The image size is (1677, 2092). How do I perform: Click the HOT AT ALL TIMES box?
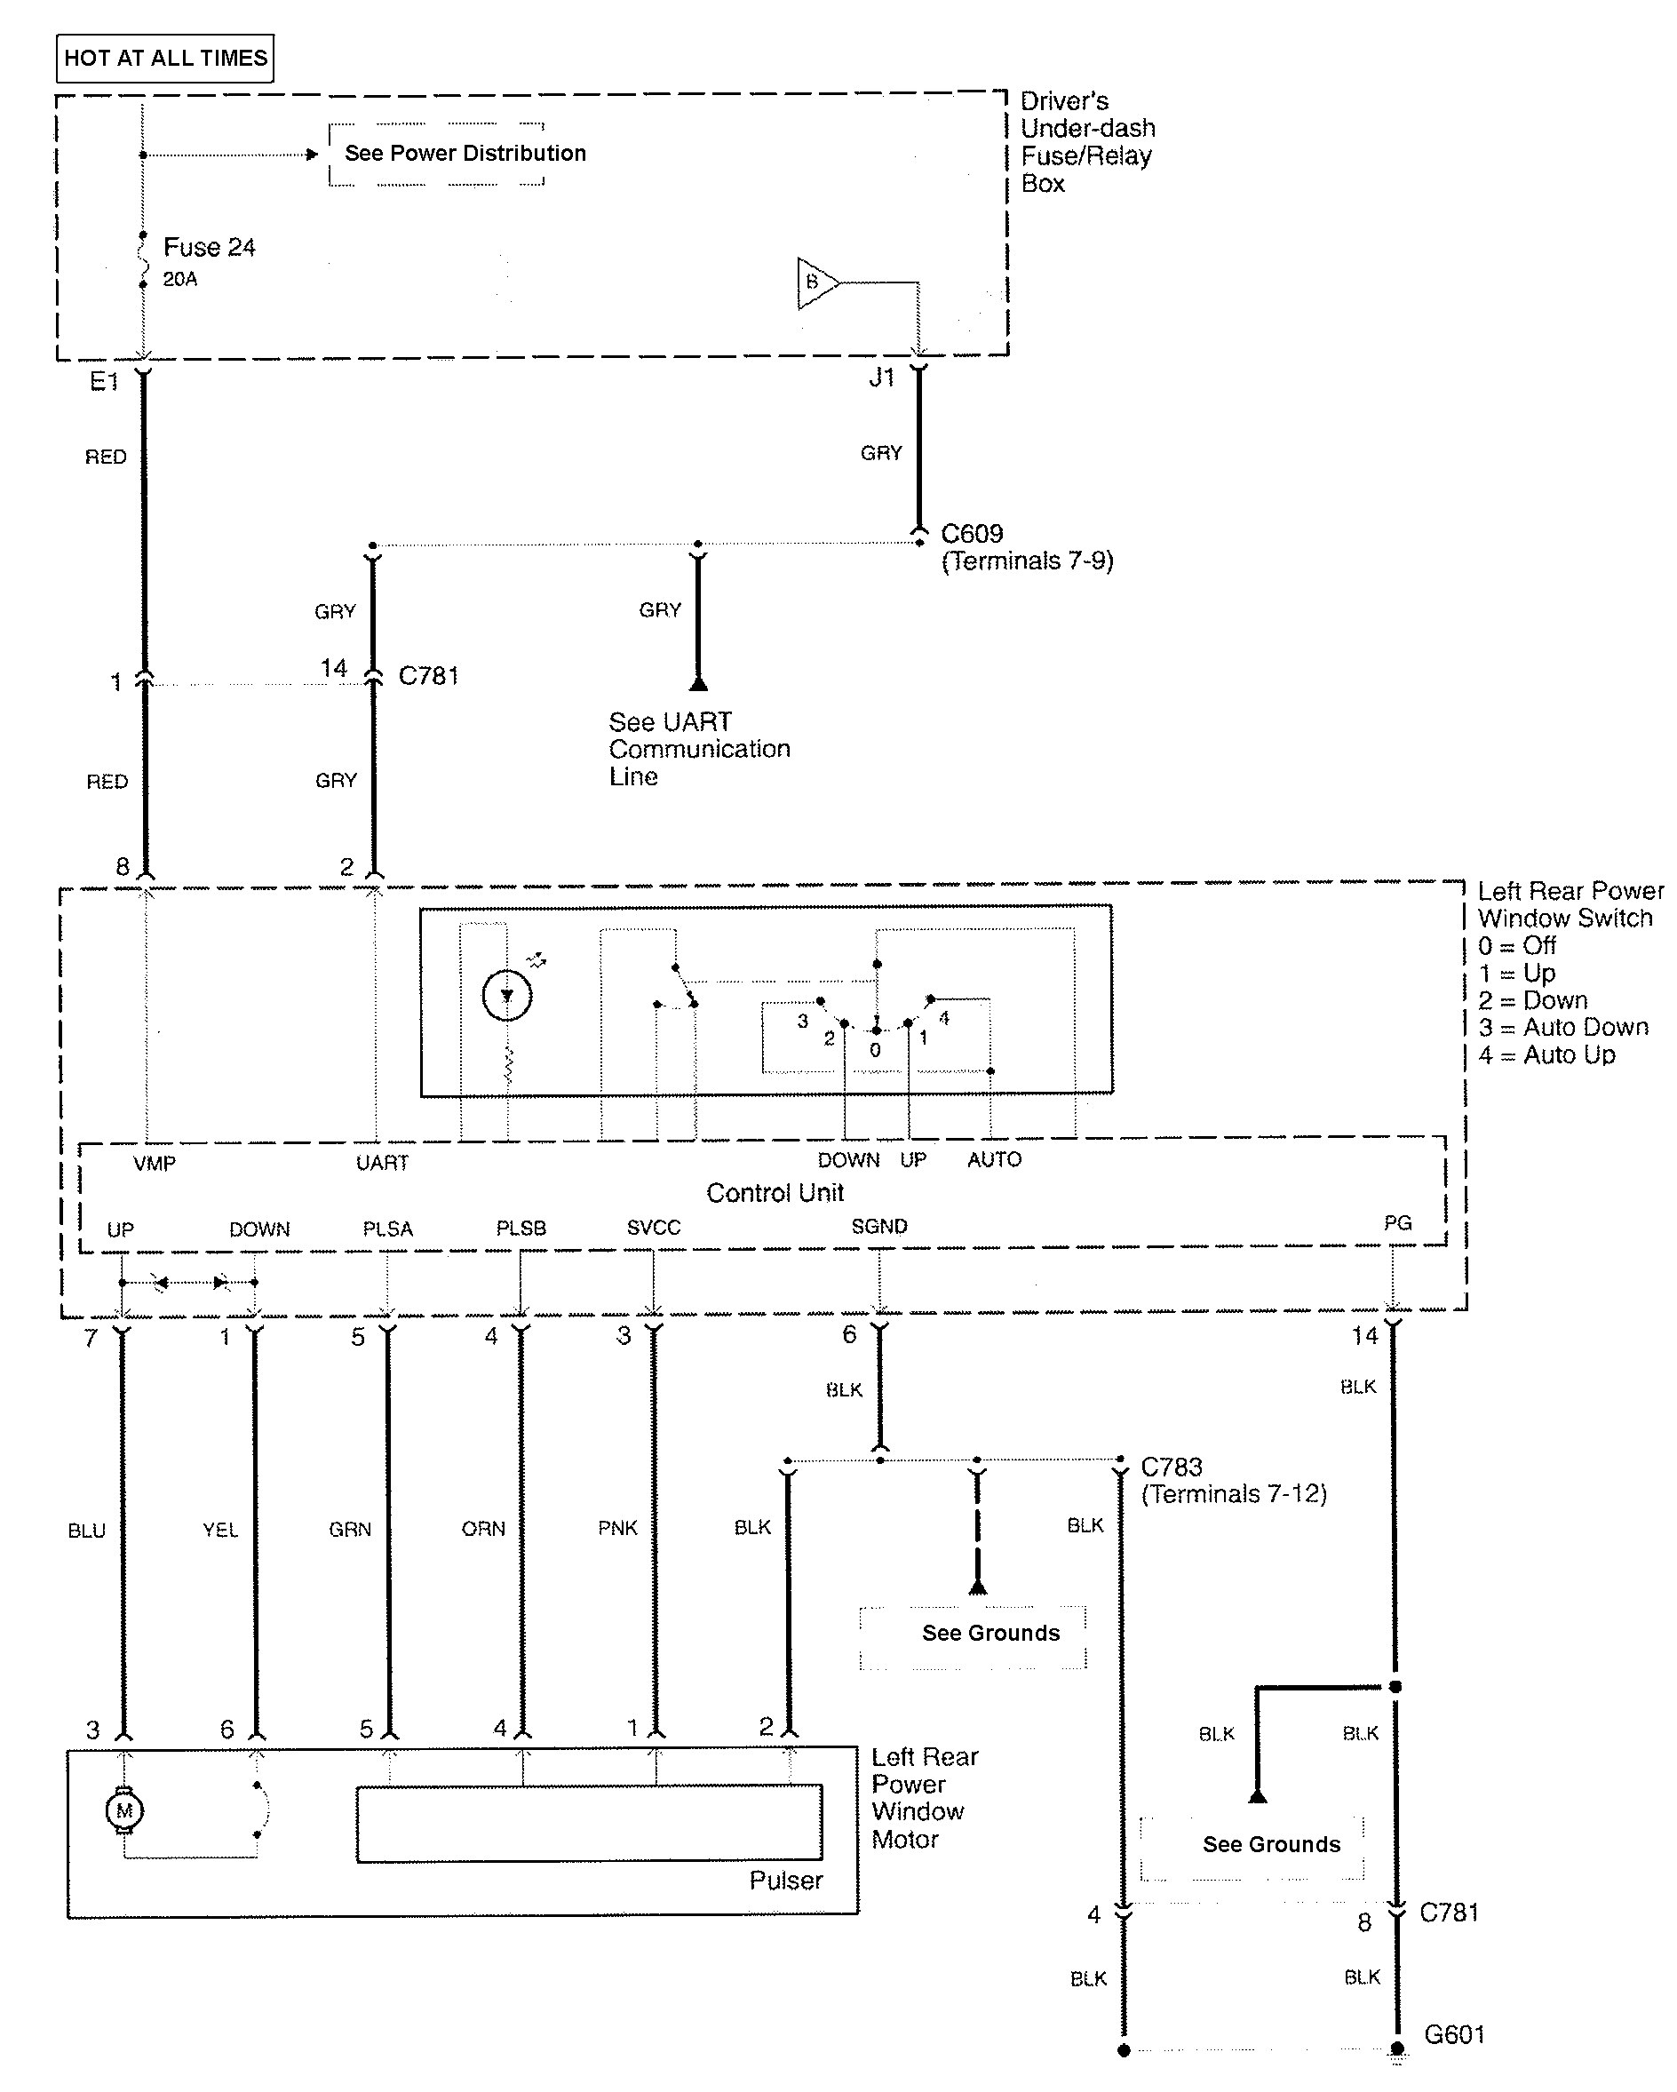click(165, 59)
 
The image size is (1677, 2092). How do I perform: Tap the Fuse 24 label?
click(209, 248)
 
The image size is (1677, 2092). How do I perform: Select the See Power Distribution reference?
click(465, 154)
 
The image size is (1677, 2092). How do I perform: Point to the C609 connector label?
click(972, 534)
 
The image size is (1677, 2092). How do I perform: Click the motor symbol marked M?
click(124, 1810)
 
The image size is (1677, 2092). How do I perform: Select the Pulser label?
click(785, 1880)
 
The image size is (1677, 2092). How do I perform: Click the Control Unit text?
click(775, 1192)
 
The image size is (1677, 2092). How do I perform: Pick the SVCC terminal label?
click(653, 1228)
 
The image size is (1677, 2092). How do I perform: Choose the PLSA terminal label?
click(387, 1229)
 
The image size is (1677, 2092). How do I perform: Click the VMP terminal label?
click(155, 1163)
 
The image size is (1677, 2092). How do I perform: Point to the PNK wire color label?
click(617, 1528)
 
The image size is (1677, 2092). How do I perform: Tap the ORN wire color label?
click(483, 1528)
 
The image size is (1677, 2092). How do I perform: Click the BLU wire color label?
click(86, 1531)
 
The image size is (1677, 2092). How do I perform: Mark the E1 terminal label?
click(104, 382)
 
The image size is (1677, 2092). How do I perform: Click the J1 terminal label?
click(881, 378)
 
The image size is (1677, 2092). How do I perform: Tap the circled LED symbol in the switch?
click(506, 996)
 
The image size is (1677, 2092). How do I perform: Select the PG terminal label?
click(1396, 1222)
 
